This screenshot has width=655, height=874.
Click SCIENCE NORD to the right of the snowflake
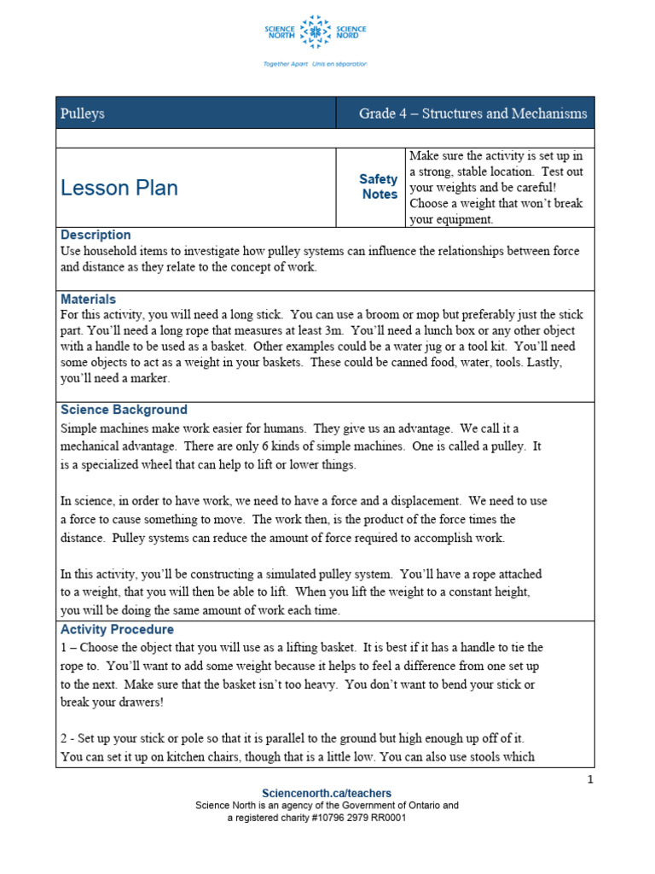(351, 33)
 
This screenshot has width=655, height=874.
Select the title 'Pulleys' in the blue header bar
(83, 114)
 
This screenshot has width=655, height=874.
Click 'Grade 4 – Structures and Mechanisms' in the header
(472, 114)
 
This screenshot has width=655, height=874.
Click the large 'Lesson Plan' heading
(119, 189)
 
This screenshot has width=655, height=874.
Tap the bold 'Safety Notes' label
(379, 187)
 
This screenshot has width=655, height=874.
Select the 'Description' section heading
(96, 235)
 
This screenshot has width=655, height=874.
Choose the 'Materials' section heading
(89, 300)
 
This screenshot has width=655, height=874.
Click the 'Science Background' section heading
(124, 410)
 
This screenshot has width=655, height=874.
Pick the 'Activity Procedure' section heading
(117, 630)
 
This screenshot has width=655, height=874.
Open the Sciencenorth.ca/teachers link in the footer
(327, 794)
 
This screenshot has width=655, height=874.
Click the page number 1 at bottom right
(589, 779)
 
